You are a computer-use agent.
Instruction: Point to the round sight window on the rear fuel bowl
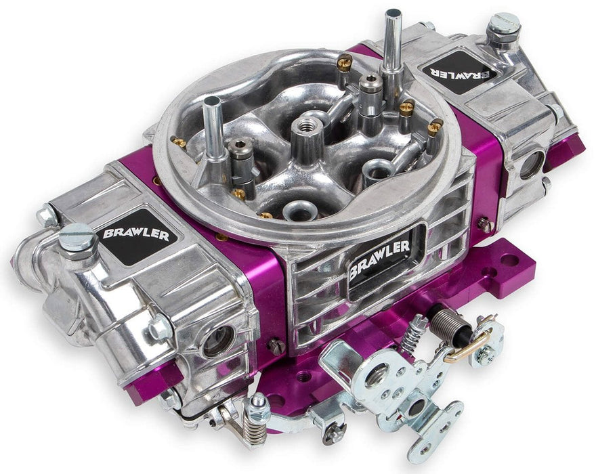point(532,165)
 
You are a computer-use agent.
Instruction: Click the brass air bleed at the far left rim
point(179,143)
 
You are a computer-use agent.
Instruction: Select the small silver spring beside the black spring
point(414,332)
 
